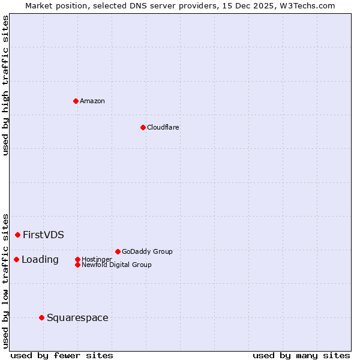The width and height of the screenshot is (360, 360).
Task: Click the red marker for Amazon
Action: pyautogui.click(x=76, y=101)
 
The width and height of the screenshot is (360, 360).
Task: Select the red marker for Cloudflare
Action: pyautogui.click(x=143, y=127)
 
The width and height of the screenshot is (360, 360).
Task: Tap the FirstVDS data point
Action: pyautogui.click(x=18, y=235)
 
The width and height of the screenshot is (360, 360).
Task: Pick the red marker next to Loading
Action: pyautogui.click(x=16, y=259)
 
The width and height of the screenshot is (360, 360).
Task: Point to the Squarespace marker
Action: pyautogui.click(x=41, y=317)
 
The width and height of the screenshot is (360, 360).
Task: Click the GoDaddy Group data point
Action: pyautogui.click(x=118, y=251)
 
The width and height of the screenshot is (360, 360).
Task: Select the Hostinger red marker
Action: pyautogui.click(x=77, y=259)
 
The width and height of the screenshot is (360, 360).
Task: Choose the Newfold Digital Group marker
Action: pyautogui.click(x=77, y=265)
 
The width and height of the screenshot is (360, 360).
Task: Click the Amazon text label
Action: pyautogui.click(x=92, y=101)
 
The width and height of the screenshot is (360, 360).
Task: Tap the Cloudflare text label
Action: pyautogui.click(x=163, y=127)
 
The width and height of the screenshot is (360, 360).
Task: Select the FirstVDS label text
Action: pyautogui.click(x=43, y=235)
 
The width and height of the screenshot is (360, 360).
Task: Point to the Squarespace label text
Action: pyautogui.click(x=77, y=317)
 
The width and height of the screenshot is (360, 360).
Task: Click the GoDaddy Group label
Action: pyautogui.click(x=147, y=251)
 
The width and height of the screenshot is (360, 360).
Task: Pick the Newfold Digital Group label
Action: pyautogui.click(x=116, y=265)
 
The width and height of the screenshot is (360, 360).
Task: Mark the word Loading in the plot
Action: pyautogui.click(x=40, y=259)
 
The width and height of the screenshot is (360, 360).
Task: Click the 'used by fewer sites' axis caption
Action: pyautogui.click(x=62, y=356)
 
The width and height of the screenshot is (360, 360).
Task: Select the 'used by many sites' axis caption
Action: pyautogui.click(x=301, y=356)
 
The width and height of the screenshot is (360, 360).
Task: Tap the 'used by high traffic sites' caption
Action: pyautogui.click(x=5, y=85)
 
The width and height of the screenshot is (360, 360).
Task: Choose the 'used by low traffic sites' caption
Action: pyautogui.click(x=5, y=280)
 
